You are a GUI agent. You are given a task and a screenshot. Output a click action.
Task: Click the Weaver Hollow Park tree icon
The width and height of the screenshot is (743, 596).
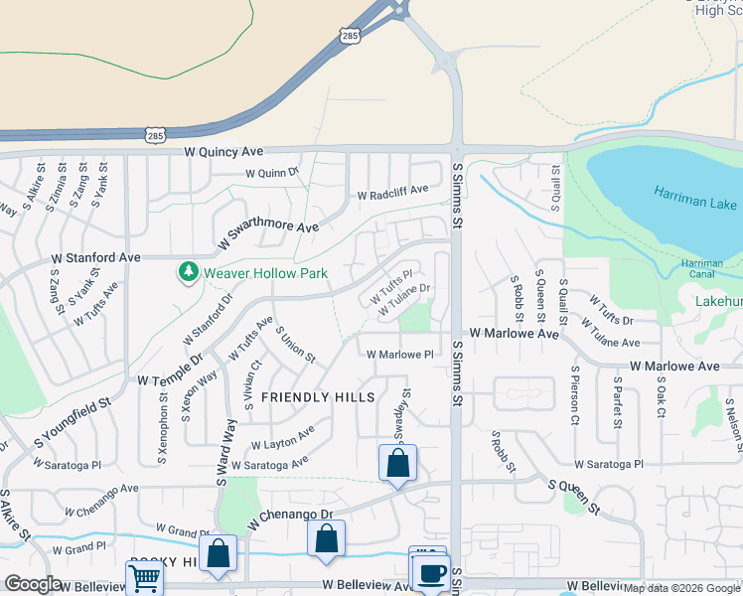[188, 271]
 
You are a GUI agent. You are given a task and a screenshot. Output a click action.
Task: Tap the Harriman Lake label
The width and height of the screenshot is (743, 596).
[696, 198]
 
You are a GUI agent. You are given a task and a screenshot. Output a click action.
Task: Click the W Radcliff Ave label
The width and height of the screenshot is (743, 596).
[392, 190]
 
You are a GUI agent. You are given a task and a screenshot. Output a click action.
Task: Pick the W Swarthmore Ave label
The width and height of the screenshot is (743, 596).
[268, 233]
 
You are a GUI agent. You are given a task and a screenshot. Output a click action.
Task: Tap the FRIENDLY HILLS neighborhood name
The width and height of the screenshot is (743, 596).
[318, 397]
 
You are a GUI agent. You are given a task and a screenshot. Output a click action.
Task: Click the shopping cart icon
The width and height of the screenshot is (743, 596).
[144, 577]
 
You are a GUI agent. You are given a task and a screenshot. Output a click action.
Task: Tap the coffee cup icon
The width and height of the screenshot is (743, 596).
[431, 574]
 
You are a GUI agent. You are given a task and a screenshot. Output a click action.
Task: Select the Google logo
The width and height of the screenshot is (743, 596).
[33, 584]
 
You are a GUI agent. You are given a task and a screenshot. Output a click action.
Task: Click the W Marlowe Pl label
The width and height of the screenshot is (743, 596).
[400, 355]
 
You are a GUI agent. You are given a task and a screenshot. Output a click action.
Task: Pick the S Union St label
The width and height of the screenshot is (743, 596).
[295, 345]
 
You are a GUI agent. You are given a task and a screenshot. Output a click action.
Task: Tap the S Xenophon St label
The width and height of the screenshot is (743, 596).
[162, 429]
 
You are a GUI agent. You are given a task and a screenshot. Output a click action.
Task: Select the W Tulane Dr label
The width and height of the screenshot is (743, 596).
[405, 299]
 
